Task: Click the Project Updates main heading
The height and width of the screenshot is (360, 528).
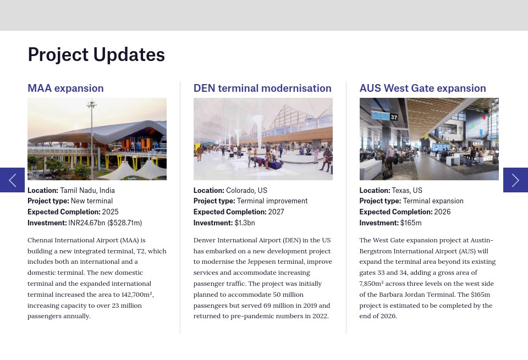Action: (x=96, y=55)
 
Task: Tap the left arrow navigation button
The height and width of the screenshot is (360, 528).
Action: (x=13, y=180)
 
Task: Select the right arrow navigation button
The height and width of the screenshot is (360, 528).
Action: (x=515, y=180)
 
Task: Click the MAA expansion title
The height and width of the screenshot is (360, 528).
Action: (x=65, y=88)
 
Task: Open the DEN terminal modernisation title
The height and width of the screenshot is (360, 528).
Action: (x=262, y=88)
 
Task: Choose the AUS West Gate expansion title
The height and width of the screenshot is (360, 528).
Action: (x=422, y=88)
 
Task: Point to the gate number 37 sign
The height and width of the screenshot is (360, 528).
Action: (x=394, y=117)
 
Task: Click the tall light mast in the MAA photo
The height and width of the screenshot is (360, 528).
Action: (x=92, y=140)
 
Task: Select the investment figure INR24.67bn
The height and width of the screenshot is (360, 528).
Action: (x=86, y=223)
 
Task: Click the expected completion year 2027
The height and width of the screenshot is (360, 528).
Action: (x=276, y=212)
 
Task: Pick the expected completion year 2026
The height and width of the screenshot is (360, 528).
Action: (x=442, y=212)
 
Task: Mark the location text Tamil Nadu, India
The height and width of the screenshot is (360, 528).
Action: (x=87, y=190)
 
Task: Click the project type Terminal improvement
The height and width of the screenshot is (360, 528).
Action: (x=272, y=201)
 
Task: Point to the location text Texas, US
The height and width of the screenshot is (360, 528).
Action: (x=407, y=190)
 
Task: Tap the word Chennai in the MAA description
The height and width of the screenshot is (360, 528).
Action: (x=40, y=240)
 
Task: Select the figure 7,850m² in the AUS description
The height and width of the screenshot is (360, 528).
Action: (x=371, y=284)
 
